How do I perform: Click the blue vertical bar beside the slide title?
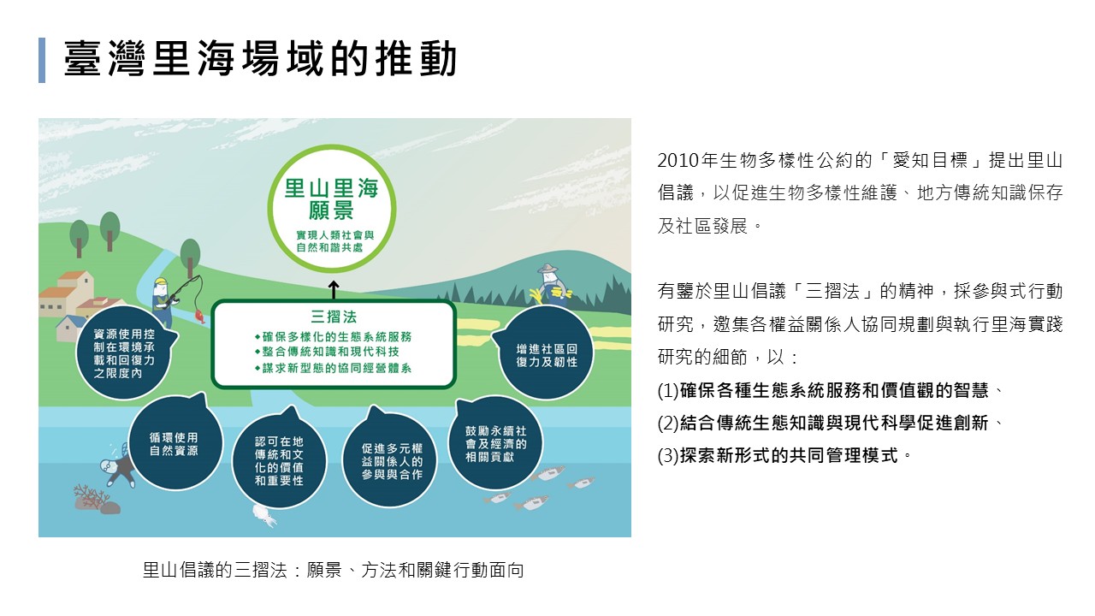coord(42,60)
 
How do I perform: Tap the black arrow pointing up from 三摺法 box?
coord(334,290)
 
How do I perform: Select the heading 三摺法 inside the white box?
coord(334,317)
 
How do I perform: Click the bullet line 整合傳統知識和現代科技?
coord(327,352)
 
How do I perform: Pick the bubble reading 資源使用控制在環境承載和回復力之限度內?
coord(125,353)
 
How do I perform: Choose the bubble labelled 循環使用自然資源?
coord(175,443)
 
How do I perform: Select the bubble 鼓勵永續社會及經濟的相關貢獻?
coord(495,443)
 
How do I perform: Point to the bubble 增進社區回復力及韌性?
coord(546,353)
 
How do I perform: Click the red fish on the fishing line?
coord(199,314)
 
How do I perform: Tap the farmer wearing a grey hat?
coord(552,286)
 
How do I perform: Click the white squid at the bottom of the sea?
coord(264,516)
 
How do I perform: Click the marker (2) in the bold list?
coord(668,423)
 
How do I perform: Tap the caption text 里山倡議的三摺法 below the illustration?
coord(215,570)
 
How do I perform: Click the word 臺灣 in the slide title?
coord(105,59)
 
